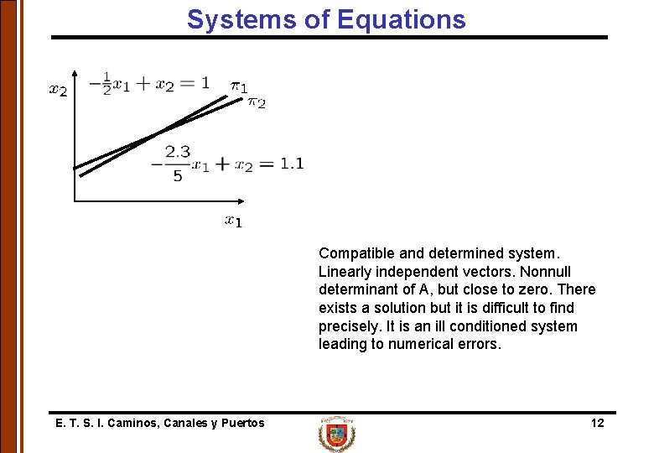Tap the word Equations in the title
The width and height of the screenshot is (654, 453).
[x=401, y=19]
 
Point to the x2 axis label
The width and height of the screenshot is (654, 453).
[x=58, y=90]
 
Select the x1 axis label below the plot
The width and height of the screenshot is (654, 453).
[x=233, y=221]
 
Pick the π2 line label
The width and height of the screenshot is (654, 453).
[x=256, y=102]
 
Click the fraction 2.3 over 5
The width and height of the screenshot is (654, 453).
[x=178, y=164]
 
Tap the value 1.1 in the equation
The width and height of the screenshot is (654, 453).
[x=291, y=164]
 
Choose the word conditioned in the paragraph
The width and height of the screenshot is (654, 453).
[x=499, y=326]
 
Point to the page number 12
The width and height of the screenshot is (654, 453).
[x=597, y=423]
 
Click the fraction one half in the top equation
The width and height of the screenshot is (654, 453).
[x=106, y=84]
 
